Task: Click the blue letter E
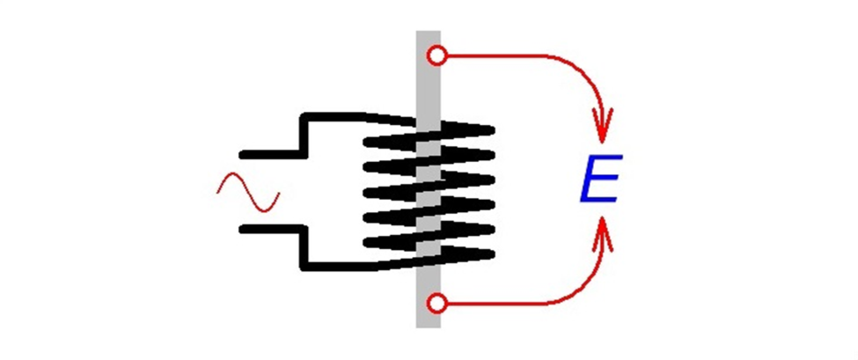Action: pyautogui.click(x=602, y=180)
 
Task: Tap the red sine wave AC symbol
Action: pyautogui.click(x=248, y=192)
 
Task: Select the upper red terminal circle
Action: pyautogui.click(x=435, y=57)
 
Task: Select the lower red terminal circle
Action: pyautogui.click(x=435, y=305)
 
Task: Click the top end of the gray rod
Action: pyautogui.click(x=429, y=35)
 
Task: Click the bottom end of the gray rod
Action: pyautogui.click(x=429, y=323)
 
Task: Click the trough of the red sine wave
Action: pyautogui.click(x=265, y=209)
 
